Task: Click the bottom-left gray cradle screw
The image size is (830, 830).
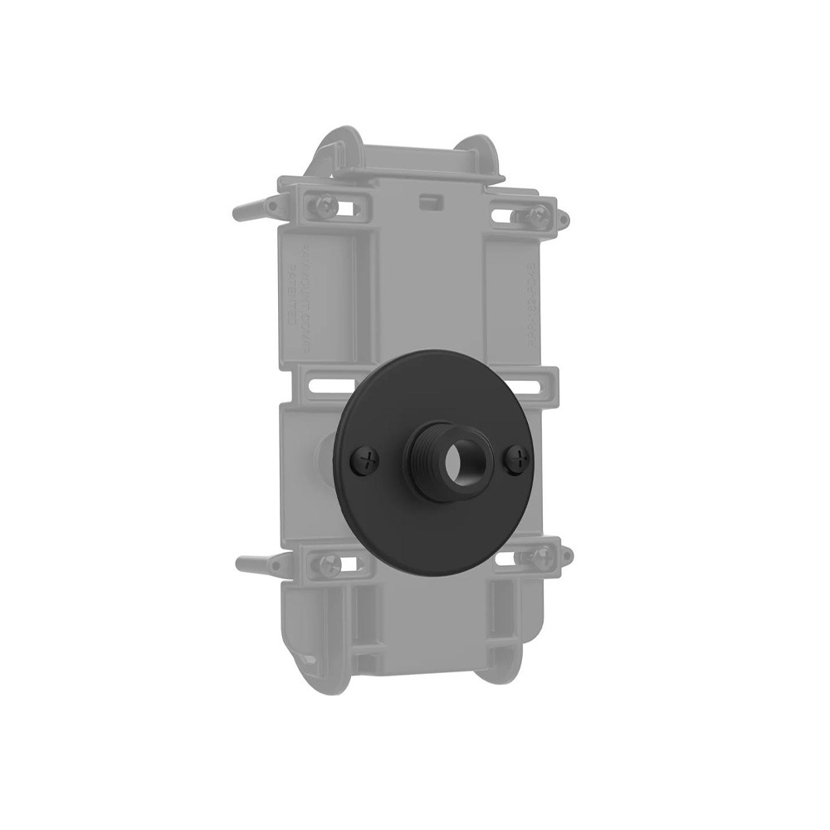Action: [325, 564]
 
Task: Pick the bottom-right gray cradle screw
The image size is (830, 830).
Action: [540, 556]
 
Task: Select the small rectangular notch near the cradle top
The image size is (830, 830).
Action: [429, 201]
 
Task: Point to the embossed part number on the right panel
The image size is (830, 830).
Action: [529, 299]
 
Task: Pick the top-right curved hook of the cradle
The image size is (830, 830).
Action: [486, 154]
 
